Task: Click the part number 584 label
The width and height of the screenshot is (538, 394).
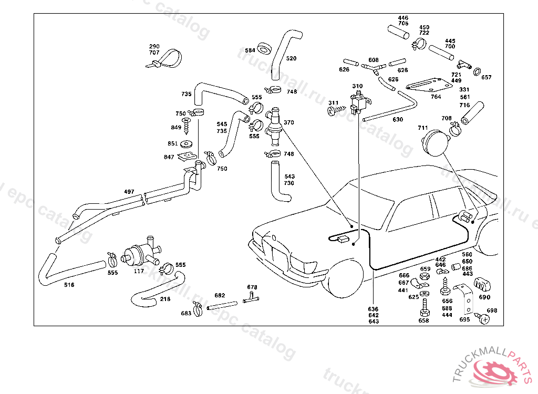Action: pos(250,50)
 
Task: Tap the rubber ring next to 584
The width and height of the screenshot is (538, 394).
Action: pos(265,50)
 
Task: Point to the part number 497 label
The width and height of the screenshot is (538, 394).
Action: pos(129,191)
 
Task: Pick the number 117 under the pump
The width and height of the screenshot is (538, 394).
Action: pos(139,271)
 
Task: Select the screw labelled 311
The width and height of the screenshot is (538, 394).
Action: pos(333,111)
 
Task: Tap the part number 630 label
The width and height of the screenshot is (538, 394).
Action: pos(398,120)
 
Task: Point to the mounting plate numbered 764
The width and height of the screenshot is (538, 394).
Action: pos(429,86)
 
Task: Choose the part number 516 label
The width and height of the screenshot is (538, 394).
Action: pos(69,285)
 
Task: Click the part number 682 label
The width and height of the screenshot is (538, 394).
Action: pos(220,295)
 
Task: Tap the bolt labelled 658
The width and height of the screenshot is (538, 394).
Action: pos(424,309)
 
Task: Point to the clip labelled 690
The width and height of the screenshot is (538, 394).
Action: pos(482,285)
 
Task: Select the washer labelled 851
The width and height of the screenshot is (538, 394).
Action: pos(187,143)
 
